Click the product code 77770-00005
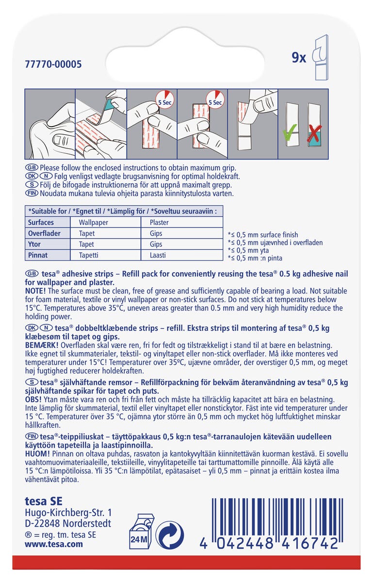[53, 65]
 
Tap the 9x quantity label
[299, 58]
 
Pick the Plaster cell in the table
[159, 223]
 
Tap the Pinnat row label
[38, 255]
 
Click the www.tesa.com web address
[54, 544]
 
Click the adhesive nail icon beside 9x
[321, 57]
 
